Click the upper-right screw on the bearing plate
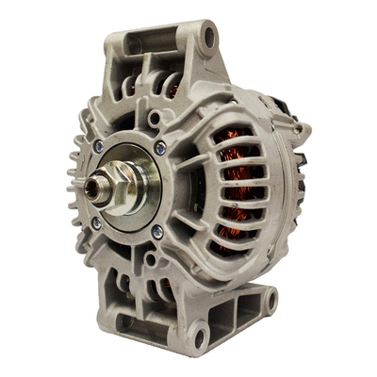click(159, 146)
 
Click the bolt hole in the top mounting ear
click(207, 38)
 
